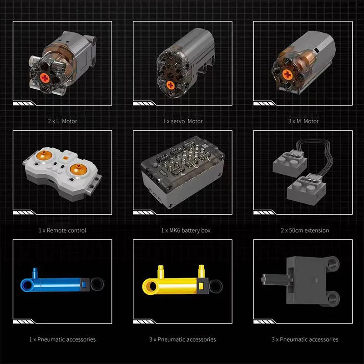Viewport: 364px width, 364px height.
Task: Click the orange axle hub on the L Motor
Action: pyautogui.click(x=45, y=78)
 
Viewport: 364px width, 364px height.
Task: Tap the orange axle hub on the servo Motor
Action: pyautogui.click(x=171, y=85)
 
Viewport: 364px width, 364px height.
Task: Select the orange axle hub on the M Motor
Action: pyautogui.click(x=287, y=75)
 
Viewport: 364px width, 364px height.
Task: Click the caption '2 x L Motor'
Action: pyautogui.click(x=62, y=121)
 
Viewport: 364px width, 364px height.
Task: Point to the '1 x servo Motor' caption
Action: pyautogui.click(x=183, y=121)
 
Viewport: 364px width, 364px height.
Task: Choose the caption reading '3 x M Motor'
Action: pyautogui.click(x=303, y=121)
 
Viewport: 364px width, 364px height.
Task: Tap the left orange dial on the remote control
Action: pyautogui.click(x=44, y=155)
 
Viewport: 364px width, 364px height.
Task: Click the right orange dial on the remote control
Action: pyautogui.click(x=78, y=169)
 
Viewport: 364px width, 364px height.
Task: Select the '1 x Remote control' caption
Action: pyautogui.click(x=62, y=230)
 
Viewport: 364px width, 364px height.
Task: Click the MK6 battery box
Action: pyautogui.click(x=182, y=172)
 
